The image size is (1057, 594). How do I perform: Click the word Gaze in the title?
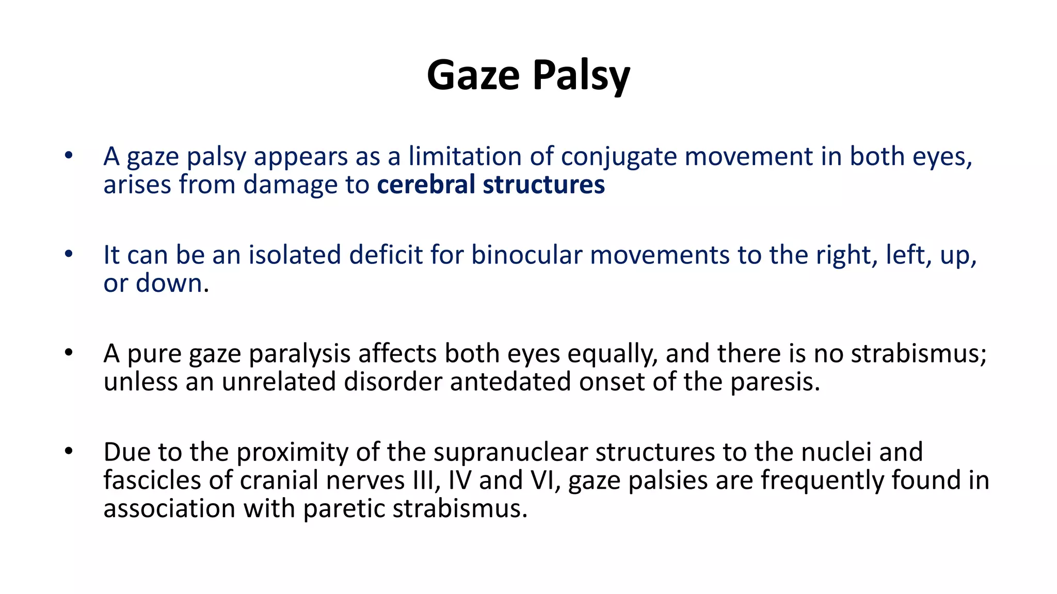[x=473, y=75]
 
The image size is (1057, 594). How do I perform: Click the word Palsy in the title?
[x=581, y=75]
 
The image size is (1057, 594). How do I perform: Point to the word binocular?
[x=526, y=255]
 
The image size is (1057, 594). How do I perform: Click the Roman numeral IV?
[x=459, y=480]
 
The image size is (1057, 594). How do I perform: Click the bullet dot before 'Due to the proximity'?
[x=69, y=452]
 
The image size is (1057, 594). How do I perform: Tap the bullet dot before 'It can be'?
[x=69, y=254]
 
